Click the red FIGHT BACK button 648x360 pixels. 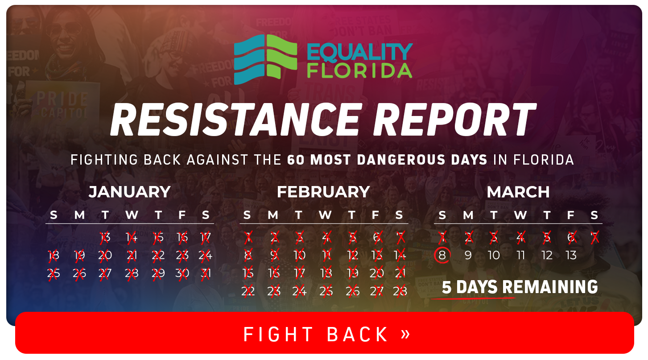click(324, 334)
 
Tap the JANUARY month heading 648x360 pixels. click(129, 192)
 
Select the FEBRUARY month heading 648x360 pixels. click(323, 192)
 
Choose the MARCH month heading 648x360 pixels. click(518, 192)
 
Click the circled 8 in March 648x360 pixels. click(442, 255)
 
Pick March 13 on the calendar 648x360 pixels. click(571, 255)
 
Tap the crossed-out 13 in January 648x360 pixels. click(105, 237)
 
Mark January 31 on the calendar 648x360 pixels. click(206, 273)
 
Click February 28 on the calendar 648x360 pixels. click(400, 291)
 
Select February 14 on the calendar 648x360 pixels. click(400, 255)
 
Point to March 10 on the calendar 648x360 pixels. click(494, 255)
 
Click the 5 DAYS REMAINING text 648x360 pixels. click(520, 287)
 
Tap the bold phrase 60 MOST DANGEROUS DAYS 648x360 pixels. click(387, 160)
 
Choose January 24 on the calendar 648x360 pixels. click(206, 255)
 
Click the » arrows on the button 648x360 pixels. click(405, 333)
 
